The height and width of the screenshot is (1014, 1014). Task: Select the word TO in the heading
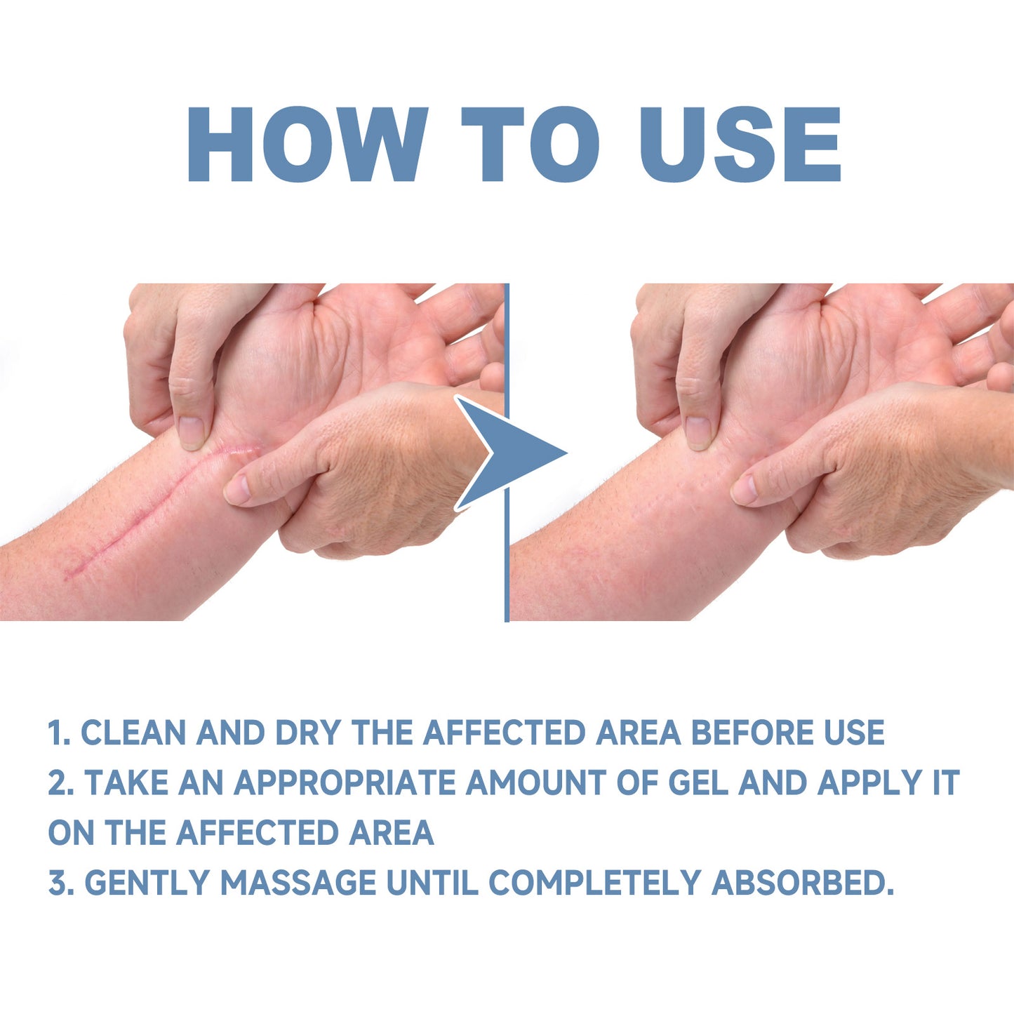click(530, 145)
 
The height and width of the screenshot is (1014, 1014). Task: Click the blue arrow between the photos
click(516, 453)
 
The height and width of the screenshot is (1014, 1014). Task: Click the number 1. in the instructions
click(59, 733)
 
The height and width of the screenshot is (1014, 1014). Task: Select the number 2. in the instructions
click(60, 783)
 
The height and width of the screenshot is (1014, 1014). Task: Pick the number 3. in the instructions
click(60, 883)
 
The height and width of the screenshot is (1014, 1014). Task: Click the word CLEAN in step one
click(133, 733)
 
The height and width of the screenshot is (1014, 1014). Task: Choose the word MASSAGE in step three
click(298, 883)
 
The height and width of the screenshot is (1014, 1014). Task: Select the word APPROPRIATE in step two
click(345, 783)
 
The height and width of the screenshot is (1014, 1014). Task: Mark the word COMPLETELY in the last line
click(594, 883)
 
